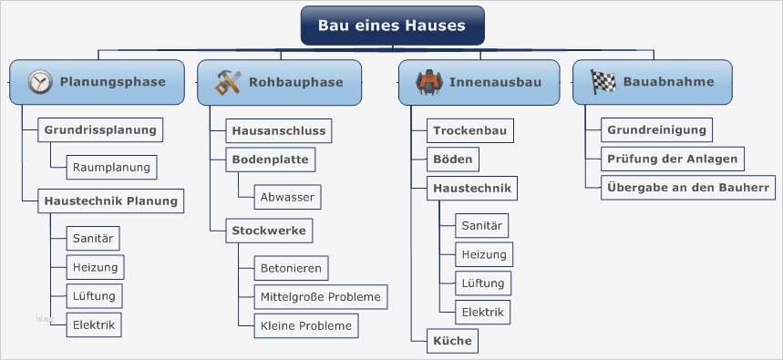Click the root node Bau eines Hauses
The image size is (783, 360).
392,26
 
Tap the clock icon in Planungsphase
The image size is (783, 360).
40,82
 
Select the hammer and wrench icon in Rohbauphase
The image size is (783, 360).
228,82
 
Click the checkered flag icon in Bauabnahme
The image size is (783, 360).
603,82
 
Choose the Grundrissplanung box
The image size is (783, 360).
100,129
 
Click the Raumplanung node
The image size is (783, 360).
112,167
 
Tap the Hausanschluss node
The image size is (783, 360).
278,130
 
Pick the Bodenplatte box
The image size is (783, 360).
271,159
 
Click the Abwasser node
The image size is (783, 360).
287,196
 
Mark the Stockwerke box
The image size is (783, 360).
268,230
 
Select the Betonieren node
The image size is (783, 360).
291,268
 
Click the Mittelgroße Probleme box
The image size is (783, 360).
321,296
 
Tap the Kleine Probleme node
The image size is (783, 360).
305,325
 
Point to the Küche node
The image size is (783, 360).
453,341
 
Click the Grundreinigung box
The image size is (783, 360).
656,129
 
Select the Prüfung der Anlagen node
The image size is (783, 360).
672,159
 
